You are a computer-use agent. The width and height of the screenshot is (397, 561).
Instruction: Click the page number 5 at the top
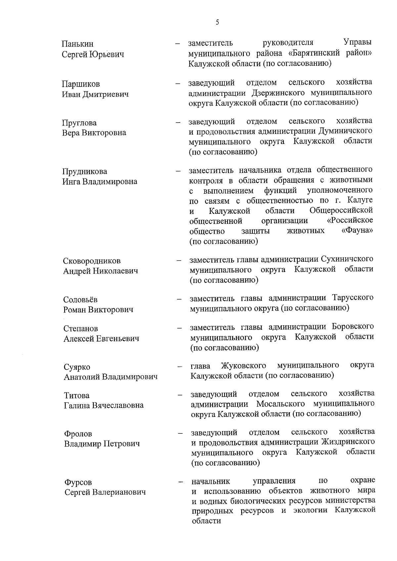pyautogui.click(x=217, y=22)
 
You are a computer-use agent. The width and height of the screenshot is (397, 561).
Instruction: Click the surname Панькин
pyautogui.click(x=77, y=44)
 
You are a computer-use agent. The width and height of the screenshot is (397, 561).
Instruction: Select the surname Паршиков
pyautogui.click(x=81, y=84)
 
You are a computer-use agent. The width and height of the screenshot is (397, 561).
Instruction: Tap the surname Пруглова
pyautogui.click(x=79, y=123)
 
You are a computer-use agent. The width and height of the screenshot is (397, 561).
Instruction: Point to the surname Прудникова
pyautogui.click(x=85, y=172)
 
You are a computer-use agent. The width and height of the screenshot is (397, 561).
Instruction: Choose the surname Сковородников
pyautogui.click(x=92, y=261)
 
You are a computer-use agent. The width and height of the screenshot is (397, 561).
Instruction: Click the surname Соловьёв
pyautogui.click(x=80, y=300)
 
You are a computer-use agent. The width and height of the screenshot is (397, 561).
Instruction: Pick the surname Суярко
pyautogui.click(x=77, y=367)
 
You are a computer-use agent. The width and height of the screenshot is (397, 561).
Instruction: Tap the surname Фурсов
pyautogui.click(x=78, y=482)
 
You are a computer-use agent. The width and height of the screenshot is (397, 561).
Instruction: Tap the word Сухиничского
pyautogui.click(x=347, y=259)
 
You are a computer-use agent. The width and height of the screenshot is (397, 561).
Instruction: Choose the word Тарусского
pyautogui.click(x=352, y=298)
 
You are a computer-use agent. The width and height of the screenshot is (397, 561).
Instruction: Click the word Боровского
pyautogui.click(x=353, y=327)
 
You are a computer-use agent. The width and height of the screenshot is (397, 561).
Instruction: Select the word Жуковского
pyautogui.click(x=243, y=365)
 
